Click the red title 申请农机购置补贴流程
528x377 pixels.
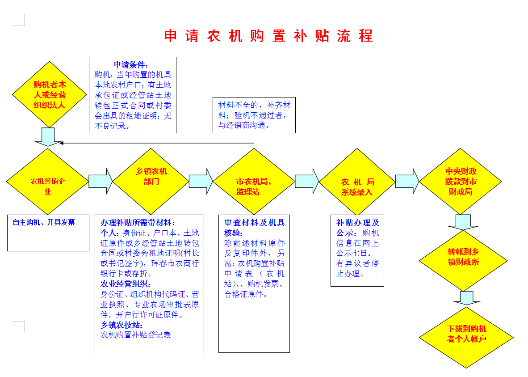coord(268,36)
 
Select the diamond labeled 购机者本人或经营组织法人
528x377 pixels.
coord(50,94)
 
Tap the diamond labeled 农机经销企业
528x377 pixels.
coord(47,182)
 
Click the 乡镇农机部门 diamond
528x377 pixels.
coord(151,182)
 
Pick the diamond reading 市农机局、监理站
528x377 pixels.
coord(254,182)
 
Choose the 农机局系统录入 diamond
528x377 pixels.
coord(357,182)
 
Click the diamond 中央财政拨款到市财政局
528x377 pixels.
coord(460,182)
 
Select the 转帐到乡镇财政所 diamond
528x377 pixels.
coord(463,261)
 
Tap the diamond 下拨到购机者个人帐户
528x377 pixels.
coord(466,337)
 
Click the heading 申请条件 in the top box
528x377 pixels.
coord(130,65)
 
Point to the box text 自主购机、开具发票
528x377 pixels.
coord(44,223)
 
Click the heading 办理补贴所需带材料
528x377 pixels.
coord(138,223)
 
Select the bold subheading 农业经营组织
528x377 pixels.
coord(126,284)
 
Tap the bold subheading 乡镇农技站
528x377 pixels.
coord(122,325)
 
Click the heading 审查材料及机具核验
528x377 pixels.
coord(254,228)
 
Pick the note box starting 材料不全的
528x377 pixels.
coord(254,115)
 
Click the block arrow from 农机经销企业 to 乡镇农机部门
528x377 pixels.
coord(101,182)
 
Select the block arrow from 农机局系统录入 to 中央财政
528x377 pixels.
coord(407,182)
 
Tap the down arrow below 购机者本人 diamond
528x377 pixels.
coord(48,137)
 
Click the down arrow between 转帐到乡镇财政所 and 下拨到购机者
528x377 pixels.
coord(466,298)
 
